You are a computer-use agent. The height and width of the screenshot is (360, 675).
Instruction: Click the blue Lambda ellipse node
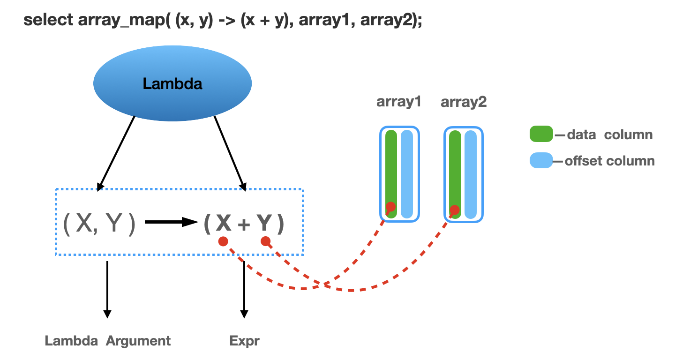click(172, 83)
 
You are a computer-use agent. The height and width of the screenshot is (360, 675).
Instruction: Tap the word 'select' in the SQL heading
click(48, 20)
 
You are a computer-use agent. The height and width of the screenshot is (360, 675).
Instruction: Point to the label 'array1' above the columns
click(398, 102)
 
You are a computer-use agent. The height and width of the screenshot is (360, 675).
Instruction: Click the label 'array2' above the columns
click(464, 102)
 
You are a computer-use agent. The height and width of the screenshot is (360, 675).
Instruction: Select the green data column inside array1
click(391, 174)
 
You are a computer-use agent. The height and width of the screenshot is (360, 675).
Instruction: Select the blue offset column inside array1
click(407, 174)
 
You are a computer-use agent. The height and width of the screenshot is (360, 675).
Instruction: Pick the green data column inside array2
click(455, 174)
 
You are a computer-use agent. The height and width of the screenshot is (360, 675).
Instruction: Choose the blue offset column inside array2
click(471, 174)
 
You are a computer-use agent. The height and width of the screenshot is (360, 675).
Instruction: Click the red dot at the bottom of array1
click(390, 207)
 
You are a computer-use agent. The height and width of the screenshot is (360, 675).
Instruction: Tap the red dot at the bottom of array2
click(454, 210)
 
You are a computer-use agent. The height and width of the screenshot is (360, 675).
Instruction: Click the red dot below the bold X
click(223, 241)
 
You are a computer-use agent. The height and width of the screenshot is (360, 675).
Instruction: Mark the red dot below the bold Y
click(265, 241)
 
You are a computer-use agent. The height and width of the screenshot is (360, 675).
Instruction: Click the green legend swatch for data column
click(541, 134)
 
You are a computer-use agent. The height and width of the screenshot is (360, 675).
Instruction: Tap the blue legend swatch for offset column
click(541, 160)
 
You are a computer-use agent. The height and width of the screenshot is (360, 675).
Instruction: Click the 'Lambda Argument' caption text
click(108, 341)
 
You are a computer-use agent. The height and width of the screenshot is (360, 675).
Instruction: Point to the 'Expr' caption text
click(244, 341)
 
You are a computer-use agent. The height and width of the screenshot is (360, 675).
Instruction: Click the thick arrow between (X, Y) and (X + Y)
click(171, 222)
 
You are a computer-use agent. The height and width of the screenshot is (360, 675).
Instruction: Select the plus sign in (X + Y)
click(244, 225)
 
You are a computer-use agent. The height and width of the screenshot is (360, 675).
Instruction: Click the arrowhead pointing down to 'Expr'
click(244, 314)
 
